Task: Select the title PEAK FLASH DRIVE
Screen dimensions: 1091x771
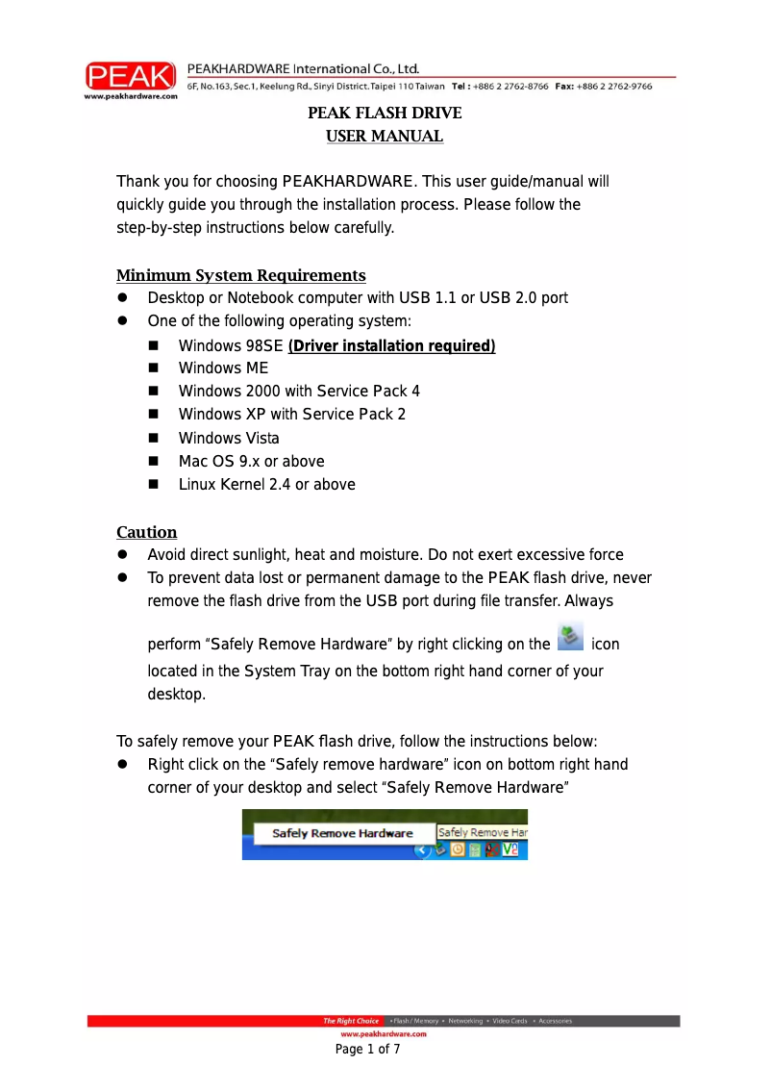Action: click(385, 114)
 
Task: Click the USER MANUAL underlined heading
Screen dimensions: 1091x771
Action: click(385, 137)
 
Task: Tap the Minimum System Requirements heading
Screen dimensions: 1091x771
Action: click(241, 276)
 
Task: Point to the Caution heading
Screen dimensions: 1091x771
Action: click(147, 532)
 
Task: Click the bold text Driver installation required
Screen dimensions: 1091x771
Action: click(391, 345)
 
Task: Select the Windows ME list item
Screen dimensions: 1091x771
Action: click(223, 368)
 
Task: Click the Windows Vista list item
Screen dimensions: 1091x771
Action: click(229, 438)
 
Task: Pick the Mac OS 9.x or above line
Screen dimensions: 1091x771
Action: click(251, 461)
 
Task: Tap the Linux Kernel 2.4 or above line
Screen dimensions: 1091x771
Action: click(266, 484)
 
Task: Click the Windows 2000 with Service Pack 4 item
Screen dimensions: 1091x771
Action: click(299, 392)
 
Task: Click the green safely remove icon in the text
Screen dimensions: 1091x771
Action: click(571, 636)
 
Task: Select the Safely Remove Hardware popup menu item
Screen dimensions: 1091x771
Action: click(342, 833)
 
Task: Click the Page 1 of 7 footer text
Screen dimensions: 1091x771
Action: click(367, 1049)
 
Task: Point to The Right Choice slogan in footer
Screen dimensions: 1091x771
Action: click(351, 1021)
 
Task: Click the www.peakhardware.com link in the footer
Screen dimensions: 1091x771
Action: click(384, 1033)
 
